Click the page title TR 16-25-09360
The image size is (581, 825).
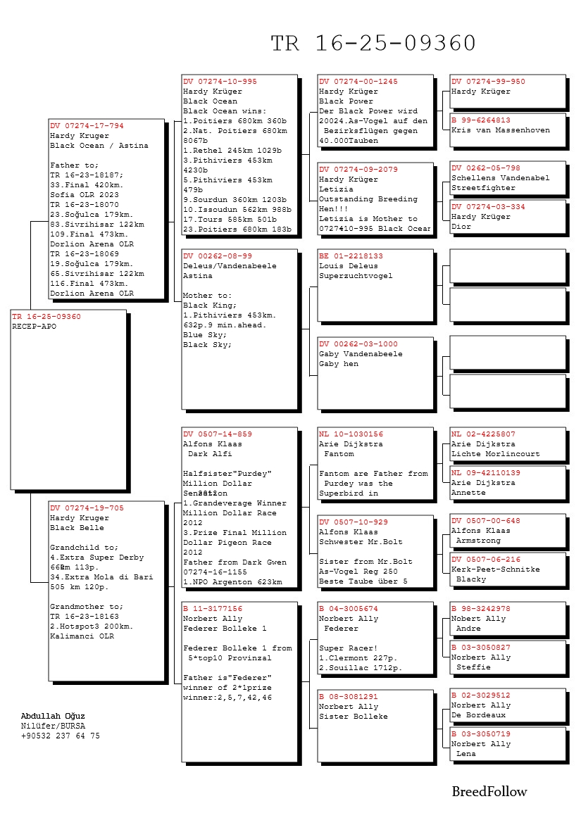(373, 44)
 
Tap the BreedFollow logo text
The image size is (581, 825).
(489, 792)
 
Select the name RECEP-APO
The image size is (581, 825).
(34, 327)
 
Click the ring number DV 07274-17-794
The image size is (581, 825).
(87, 126)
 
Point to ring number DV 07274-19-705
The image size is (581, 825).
(87, 508)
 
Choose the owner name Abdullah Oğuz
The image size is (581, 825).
(53, 716)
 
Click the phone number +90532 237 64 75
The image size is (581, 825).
(60, 736)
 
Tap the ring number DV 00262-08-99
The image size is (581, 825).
(218, 256)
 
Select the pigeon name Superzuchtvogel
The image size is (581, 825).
(356, 276)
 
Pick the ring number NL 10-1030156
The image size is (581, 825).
(351, 434)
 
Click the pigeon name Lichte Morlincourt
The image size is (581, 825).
(496, 454)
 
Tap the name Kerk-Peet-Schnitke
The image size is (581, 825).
(496, 569)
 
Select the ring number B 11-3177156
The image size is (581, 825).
(213, 609)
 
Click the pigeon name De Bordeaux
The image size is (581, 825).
(479, 715)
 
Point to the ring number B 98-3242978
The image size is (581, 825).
(481, 609)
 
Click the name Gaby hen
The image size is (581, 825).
(339, 364)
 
